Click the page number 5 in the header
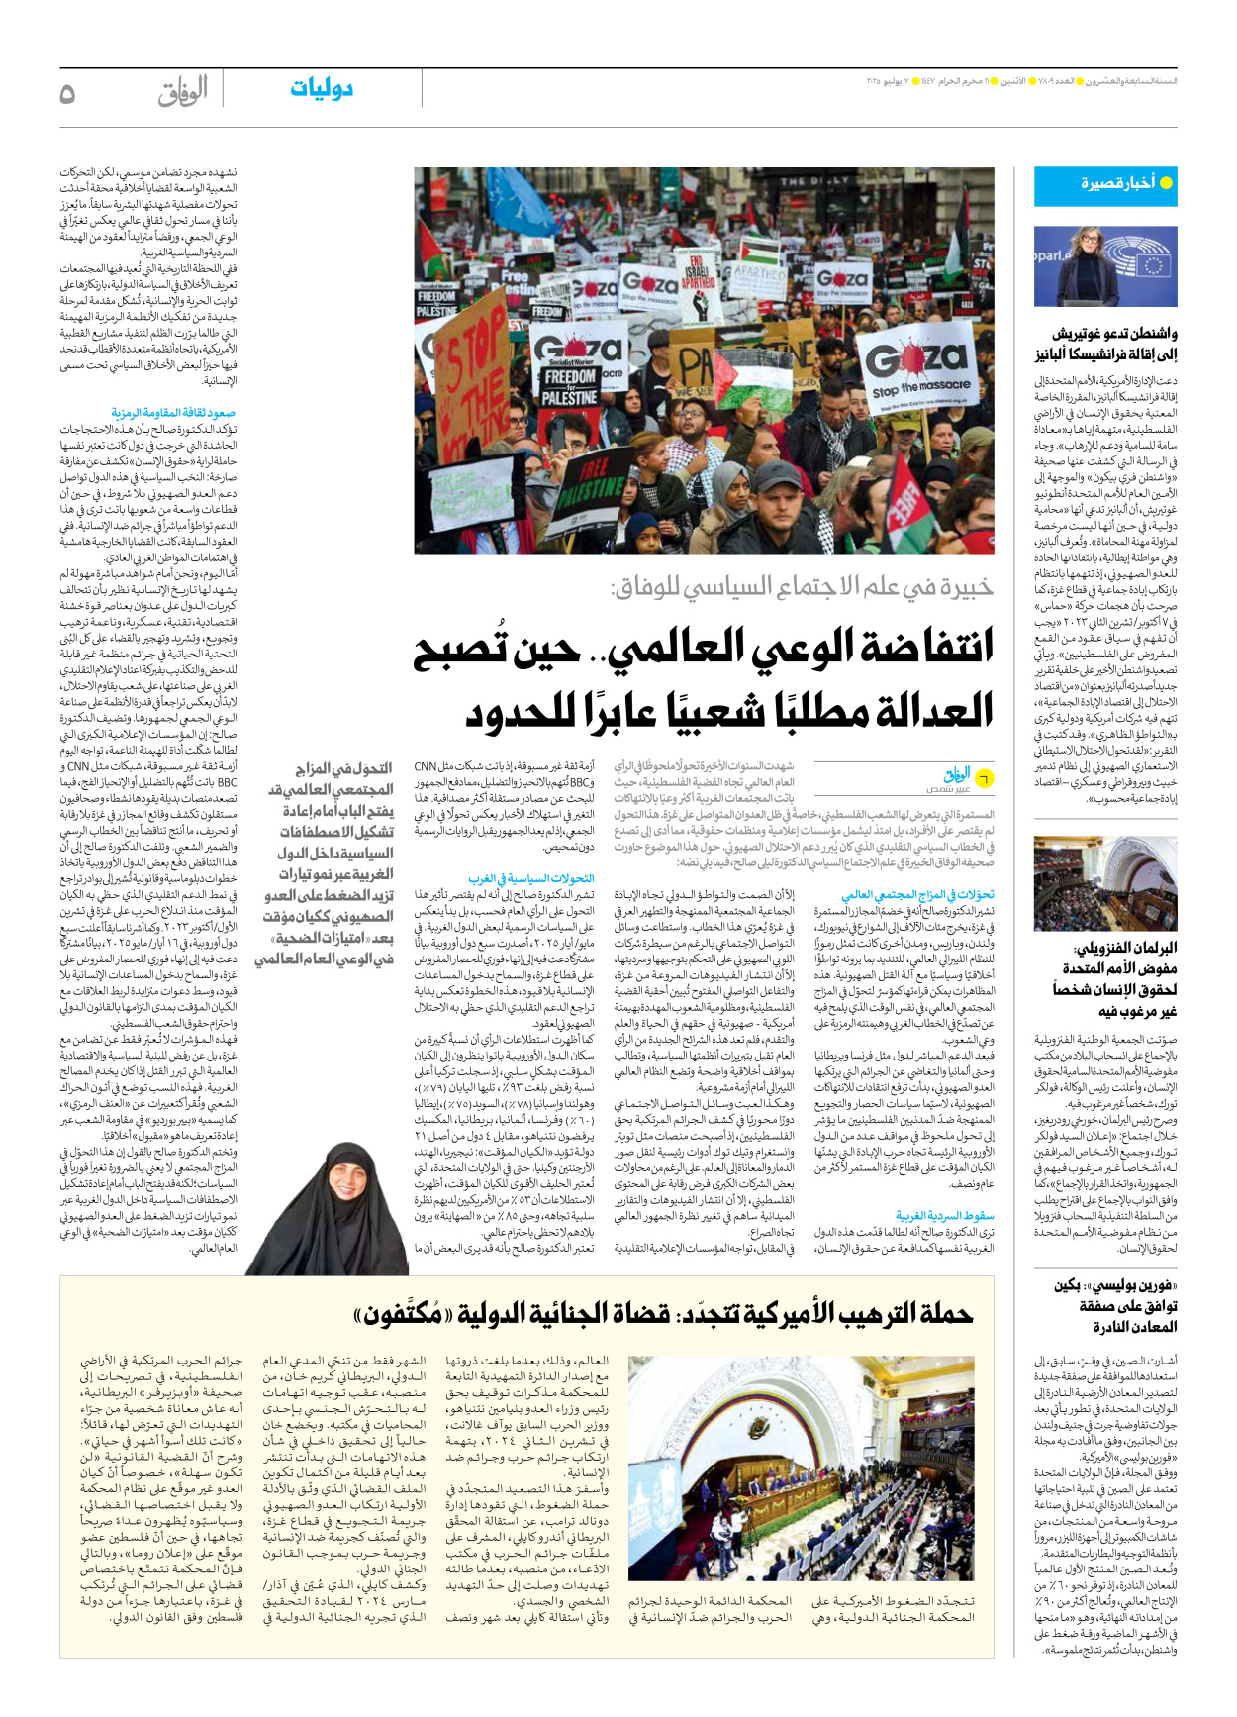pos(67,93)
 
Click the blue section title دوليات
pos(322,89)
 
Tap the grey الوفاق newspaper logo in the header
pos(183,92)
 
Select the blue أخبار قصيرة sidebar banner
pos(1105,185)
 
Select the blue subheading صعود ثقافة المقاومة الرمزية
pos(173,412)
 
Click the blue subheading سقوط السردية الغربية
pos(944,1215)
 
